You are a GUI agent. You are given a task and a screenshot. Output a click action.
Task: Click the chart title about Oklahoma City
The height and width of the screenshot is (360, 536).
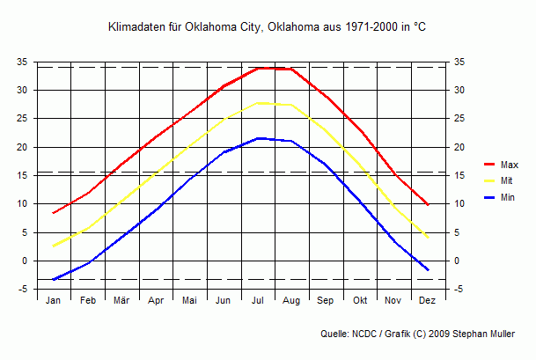pyautogui.click(x=267, y=28)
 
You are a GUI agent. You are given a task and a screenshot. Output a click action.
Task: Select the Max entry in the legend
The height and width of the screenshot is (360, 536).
pyautogui.click(x=509, y=165)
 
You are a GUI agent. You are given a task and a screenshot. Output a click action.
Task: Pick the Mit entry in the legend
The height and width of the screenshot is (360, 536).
pyautogui.click(x=506, y=181)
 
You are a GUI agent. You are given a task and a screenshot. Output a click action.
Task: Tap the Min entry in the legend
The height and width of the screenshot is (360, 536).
pyautogui.click(x=507, y=198)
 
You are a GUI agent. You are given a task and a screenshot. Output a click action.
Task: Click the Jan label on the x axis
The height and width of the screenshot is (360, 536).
pyautogui.click(x=53, y=301)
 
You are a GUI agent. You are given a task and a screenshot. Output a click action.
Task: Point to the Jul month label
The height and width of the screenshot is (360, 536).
pyautogui.click(x=258, y=301)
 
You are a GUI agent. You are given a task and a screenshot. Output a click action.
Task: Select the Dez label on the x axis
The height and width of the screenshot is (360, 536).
pyautogui.click(x=428, y=301)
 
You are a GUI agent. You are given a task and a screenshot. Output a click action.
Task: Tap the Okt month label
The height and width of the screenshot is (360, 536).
pyautogui.click(x=360, y=301)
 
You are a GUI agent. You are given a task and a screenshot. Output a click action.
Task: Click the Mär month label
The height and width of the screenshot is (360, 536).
pyautogui.click(x=121, y=301)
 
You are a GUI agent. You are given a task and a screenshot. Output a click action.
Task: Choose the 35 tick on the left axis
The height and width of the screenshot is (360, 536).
pyautogui.click(x=22, y=62)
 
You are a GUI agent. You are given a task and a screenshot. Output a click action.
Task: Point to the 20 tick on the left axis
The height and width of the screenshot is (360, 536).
pyautogui.click(x=22, y=147)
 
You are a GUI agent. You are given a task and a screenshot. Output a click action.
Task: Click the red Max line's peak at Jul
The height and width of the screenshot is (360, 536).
pyautogui.click(x=258, y=68)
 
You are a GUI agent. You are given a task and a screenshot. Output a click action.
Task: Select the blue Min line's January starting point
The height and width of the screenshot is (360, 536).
pyautogui.click(x=54, y=280)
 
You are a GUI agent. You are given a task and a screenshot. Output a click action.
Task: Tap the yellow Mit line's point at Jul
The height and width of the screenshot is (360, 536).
pyautogui.click(x=258, y=103)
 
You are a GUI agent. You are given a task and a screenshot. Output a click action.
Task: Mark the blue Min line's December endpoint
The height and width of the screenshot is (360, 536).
pyautogui.click(x=428, y=270)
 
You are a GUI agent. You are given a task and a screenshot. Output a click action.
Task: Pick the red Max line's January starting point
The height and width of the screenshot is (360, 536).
pyautogui.click(x=54, y=213)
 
